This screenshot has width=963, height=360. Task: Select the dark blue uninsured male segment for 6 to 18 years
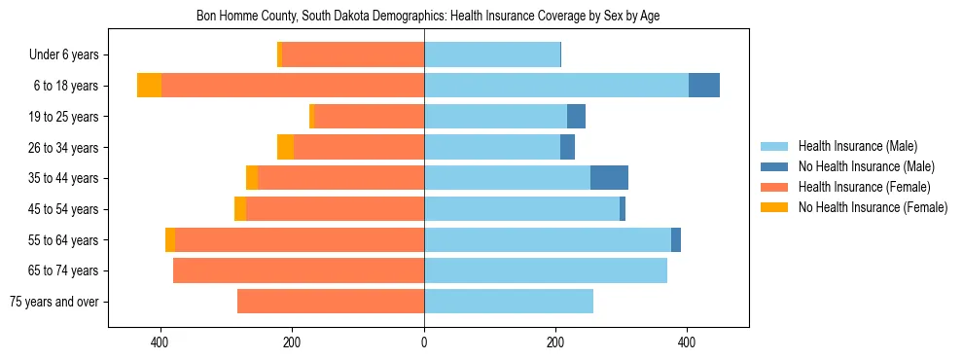(x=704, y=86)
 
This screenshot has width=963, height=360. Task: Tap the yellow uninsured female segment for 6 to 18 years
(x=149, y=86)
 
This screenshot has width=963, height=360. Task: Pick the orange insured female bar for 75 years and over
(x=331, y=302)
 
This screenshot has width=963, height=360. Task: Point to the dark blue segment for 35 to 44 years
(x=609, y=178)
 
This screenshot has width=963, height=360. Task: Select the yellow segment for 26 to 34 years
(x=285, y=147)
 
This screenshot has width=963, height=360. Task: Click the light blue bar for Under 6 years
(x=492, y=54)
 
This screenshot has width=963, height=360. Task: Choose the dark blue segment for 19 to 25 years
(x=576, y=117)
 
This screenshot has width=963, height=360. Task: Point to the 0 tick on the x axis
(x=424, y=342)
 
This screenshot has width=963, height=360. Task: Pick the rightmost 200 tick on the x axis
(x=555, y=342)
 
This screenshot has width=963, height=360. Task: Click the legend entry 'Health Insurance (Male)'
(x=857, y=146)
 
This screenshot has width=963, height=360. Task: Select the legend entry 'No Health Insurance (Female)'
(x=873, y=207)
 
